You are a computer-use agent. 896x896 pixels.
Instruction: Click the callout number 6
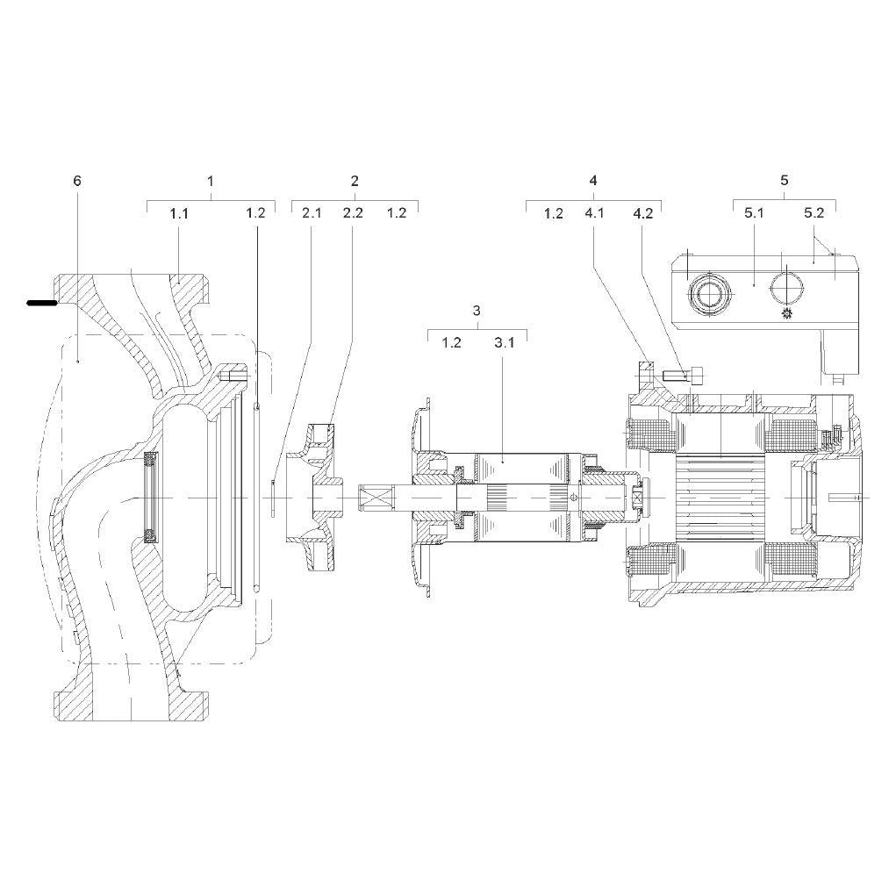[77, 181]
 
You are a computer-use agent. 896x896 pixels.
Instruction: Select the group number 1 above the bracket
[211, 181]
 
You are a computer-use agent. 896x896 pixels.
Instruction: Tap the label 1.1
[179, 214]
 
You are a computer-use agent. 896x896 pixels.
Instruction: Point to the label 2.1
[312, 213]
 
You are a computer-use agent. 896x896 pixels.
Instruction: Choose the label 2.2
[353, 213]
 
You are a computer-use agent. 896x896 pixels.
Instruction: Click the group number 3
[477, 311]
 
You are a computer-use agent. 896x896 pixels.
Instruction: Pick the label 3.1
[504, 343]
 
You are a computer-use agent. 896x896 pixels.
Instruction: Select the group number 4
[593, 181]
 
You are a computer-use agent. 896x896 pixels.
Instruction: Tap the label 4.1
[594, 213]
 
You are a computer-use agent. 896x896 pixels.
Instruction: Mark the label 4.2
[643, 213]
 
